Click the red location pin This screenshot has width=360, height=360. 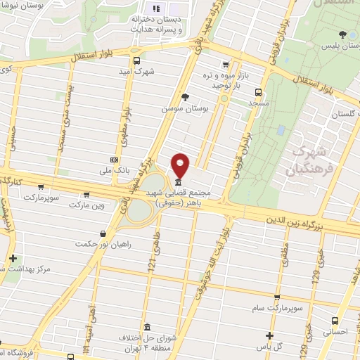181,164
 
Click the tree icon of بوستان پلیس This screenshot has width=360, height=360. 342,34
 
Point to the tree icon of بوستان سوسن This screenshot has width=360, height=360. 184,97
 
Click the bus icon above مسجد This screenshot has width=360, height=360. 258,91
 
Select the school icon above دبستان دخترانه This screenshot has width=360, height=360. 156,8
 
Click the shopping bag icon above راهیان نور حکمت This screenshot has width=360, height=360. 104,233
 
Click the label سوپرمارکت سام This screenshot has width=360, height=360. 276,307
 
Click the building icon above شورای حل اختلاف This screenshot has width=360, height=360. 147,328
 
